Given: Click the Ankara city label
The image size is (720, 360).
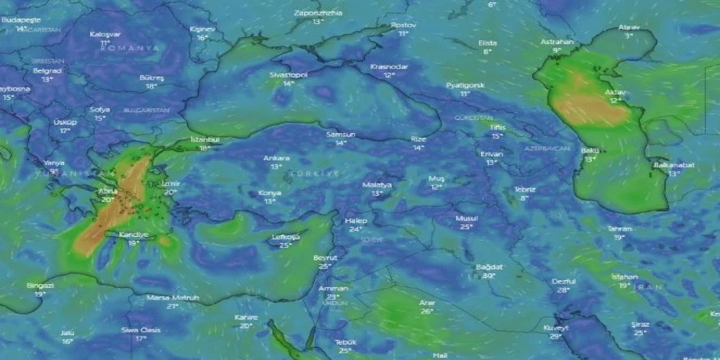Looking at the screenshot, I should click(x=276, y=158).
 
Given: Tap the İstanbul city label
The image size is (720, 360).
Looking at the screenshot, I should click(x=205, y=139).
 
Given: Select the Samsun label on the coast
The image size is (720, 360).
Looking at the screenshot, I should click(x=340, y=134).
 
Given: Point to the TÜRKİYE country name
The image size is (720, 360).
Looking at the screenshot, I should click(x=314, y=174).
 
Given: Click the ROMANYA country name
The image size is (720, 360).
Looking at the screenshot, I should click(x=130, y=48).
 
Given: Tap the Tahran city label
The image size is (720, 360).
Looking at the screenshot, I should click(x=619, y=229).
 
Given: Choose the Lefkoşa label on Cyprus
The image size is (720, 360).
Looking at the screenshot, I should click(x=286, y=237).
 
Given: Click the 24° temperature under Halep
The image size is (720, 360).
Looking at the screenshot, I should click(x=355, y=229).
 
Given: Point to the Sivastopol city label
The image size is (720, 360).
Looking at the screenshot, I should click(x=289, y=75).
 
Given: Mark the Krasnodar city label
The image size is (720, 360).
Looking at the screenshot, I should click(x=389, y=66).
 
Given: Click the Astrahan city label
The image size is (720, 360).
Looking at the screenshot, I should click(x=557, y=42).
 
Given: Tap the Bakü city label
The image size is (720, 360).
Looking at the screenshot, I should click(x=589, y=151).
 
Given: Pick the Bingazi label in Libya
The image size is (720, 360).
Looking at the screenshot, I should click(x=40, y=285).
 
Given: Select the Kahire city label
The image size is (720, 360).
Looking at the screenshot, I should click(x=246, y=317).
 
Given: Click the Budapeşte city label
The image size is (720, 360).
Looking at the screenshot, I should click(x=21, y=20).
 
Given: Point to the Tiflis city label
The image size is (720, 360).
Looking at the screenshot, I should click(x=497, y=128).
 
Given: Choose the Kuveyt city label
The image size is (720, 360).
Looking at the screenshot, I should click(x=556, y=327).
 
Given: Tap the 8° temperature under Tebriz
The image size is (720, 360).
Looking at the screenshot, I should click(x=524, y=198).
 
